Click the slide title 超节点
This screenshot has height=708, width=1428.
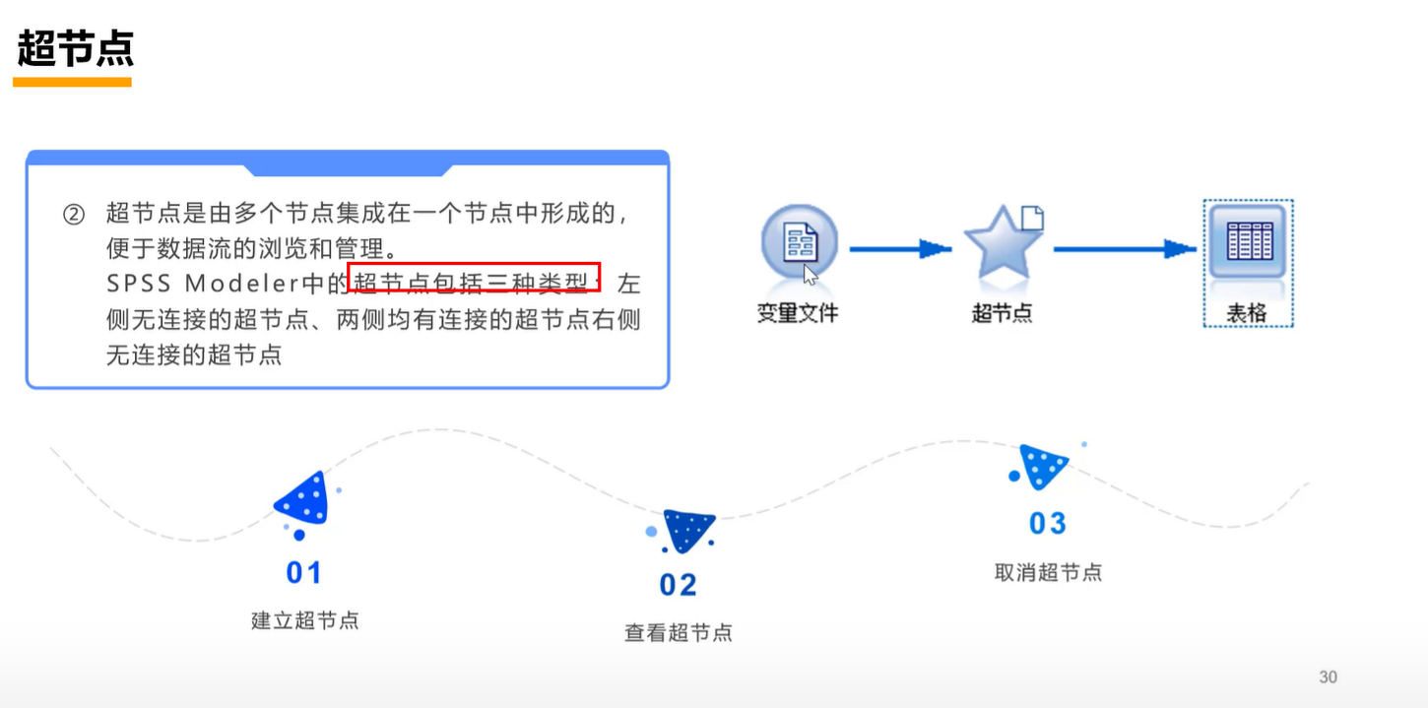[75, 48]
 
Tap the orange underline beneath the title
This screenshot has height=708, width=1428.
[72, 83]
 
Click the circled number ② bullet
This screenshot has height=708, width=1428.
[74, 214]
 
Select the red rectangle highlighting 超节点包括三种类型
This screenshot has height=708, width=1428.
[474, 284]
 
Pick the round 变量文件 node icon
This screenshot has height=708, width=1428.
[799, 243]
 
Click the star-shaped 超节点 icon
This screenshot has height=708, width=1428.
[1003, 244]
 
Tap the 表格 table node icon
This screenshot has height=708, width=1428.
[1248, 242]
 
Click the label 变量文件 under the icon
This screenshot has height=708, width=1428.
[798, 314]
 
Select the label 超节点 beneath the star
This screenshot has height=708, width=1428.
[1002, 314]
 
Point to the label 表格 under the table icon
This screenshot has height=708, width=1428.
[1247, 314]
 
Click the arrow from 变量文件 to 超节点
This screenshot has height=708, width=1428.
[899, 249]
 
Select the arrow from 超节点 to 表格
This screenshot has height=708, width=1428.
[1124, 249]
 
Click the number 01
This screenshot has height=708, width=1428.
[304, 572]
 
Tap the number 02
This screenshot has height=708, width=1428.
[678, 585]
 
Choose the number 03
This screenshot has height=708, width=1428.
[1048, 524]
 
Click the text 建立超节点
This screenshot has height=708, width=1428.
[305, 620]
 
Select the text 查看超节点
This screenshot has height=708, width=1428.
[679, 632]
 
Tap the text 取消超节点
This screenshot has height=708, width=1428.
[1048, 572]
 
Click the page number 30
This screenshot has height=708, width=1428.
[1328, 676]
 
